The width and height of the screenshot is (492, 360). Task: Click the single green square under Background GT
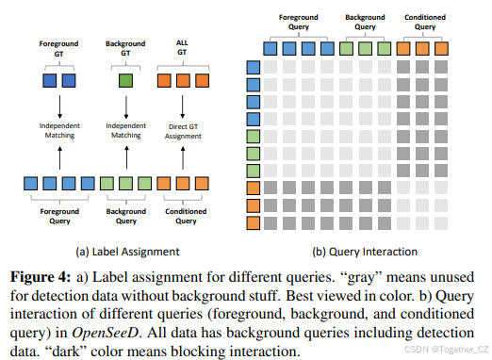coord(123,83)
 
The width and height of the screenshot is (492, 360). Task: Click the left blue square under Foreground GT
coord(50,83)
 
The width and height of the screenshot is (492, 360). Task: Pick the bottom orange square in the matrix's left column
coord(253,223)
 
